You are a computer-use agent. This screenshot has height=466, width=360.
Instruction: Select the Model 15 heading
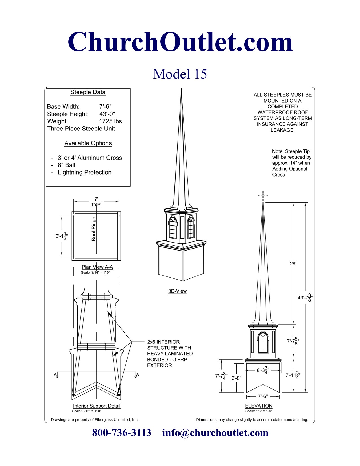click(180, 74)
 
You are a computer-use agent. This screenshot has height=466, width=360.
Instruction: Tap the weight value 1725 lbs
click(110, 121)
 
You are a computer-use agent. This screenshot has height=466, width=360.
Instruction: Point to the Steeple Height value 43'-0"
click(107, 114)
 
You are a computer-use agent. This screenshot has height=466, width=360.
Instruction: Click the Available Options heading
click(88, 143)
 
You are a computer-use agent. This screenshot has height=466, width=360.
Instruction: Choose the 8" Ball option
click(66, 165)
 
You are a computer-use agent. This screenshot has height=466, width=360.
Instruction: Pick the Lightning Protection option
click(84, 173)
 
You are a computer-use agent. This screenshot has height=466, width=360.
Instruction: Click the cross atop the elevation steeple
click(263, 195)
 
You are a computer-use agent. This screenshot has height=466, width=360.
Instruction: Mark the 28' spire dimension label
click(293, 264)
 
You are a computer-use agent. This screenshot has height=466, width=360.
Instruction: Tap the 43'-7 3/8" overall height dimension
click(305, 297)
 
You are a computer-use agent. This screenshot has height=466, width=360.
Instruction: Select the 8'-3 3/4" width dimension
click(263, 370)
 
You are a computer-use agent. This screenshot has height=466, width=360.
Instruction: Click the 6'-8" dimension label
click(237, 378)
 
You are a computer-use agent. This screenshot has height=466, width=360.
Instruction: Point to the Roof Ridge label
click(94, 229)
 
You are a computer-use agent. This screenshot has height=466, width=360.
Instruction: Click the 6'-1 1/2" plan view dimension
click(62, 236)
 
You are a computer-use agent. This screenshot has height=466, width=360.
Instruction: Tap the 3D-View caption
click(177, 291)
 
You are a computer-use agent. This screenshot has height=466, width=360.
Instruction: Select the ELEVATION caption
click(259, 406)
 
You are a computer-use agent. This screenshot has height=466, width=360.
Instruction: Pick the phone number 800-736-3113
click(122, 433)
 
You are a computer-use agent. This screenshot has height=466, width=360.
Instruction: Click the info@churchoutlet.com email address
click(215, 433)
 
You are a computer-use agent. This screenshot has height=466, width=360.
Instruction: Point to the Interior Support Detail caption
click(97, 406)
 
